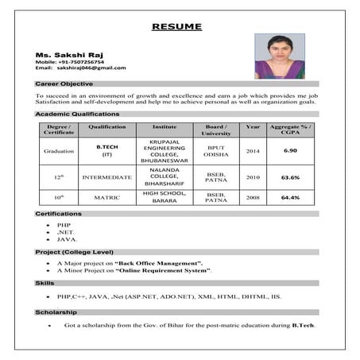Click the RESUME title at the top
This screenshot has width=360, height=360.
pyautogui.click(x=176, y=26)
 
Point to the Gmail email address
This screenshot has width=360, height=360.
pyautogui.click(x=91, y=68)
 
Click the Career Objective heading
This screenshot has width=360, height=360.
pyautogui.click(x=64, y=83)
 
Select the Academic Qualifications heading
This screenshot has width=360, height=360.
pyautogui.click(x=77, y=114)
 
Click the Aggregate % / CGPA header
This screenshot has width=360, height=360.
pyautogui.click(x=291, y=130)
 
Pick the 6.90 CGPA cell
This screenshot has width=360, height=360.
pyautogui.click(x=291, y=150)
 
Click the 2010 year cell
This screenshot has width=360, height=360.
pyautogui.click(x=253, y=177)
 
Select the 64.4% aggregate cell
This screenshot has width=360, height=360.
pyautogui.click(x=291, y=197)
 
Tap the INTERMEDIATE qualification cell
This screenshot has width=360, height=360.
pyautogui.click(x=106, y=177)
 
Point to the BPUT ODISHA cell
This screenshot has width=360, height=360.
pyautogui.click(x=216, y=150)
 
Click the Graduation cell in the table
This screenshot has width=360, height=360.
pyautogui.click(x=60, y=150)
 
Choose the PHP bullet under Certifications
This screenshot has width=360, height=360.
pyautogui.click(x=64, y=225)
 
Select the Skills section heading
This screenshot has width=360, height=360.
pyautogui.click(x=45, y=283)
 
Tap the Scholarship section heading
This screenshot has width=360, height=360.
pyautogui.click(x=56, y=312)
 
